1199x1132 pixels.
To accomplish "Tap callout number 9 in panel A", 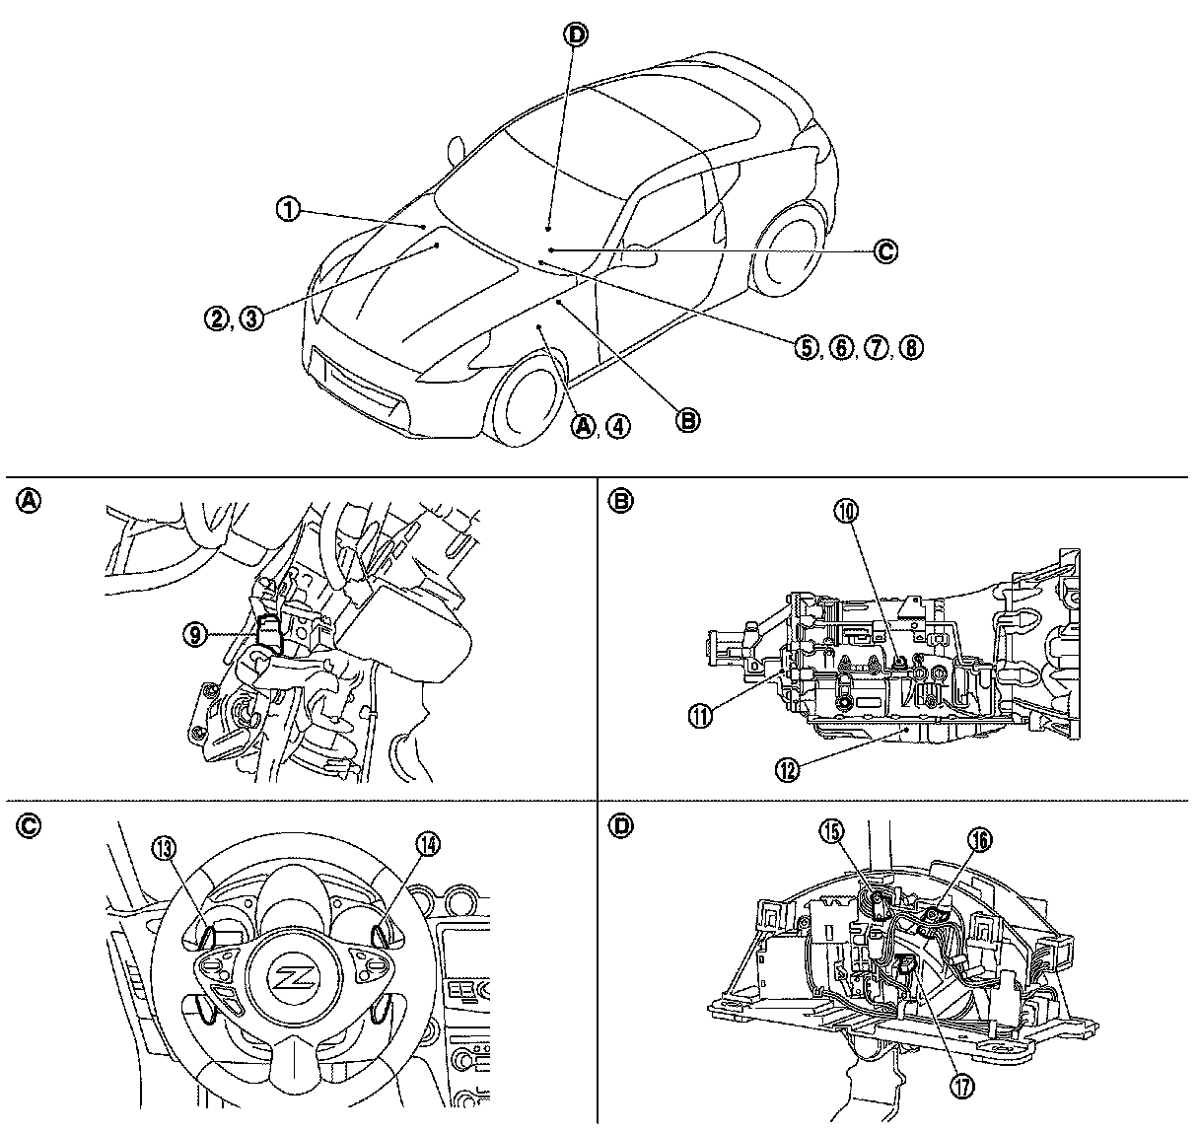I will click(195, 636).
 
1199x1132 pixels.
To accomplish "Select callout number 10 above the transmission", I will click(847, 511).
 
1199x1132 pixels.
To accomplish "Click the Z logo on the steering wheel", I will click(293, 979).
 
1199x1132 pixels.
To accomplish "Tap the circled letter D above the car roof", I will click(575, 35).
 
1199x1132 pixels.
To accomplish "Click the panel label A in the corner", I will click(30, 501).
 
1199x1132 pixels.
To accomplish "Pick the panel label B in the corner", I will click(621, 501).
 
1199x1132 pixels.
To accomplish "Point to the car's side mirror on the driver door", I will click(640, 256).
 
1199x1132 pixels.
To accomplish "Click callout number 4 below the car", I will click(618, 426).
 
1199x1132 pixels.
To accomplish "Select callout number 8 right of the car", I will click(911, 347).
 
